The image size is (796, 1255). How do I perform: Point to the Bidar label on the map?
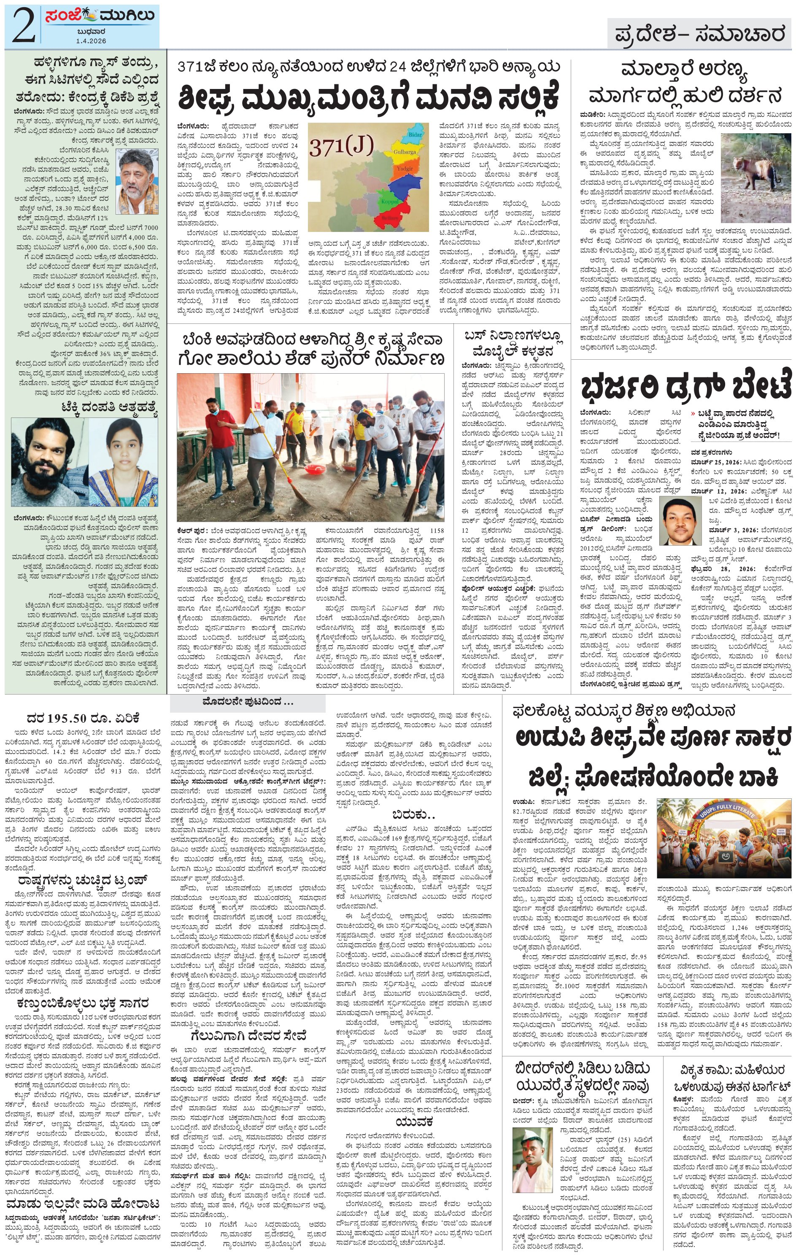coord(415,135)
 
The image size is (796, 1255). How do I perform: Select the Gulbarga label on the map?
coord(405,152)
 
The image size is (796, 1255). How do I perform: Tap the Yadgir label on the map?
coord(405,169)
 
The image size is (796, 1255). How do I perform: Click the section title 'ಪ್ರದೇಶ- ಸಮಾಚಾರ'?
coord(699,35)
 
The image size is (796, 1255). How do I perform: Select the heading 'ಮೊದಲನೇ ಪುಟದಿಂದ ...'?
coord(248,702)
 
